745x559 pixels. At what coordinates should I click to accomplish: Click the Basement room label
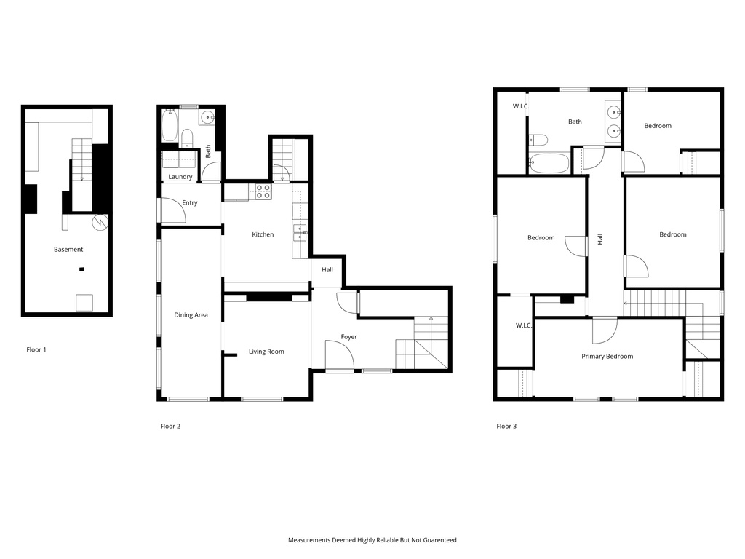[68, 250]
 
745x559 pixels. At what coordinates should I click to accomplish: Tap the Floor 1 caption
[36, 349]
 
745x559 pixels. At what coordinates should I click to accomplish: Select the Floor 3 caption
[506, 426]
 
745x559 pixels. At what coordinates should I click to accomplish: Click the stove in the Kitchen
[263, 192]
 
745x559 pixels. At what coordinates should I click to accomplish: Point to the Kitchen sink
[300, 233]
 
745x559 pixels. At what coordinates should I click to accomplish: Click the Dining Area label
[191, 315]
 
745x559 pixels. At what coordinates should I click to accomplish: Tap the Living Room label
[266, 352]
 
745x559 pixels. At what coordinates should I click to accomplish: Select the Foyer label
[349, 337]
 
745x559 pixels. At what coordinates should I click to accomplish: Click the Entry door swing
[173, 211]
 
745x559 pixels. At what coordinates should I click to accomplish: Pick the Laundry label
[180, 177]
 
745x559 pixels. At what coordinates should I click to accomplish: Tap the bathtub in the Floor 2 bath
[170, 126]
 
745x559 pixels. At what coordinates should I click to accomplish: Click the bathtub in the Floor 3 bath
[549, 164]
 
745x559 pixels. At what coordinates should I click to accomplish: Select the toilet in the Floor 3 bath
[538, 140]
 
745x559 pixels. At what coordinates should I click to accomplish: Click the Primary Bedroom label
[607, 357]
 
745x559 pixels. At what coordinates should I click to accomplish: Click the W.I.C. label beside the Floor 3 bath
[521, 106]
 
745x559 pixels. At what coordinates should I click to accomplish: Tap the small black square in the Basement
[81, 270]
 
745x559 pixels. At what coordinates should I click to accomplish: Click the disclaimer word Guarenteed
[437, 540]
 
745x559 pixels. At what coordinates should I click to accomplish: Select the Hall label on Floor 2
[327, 270]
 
